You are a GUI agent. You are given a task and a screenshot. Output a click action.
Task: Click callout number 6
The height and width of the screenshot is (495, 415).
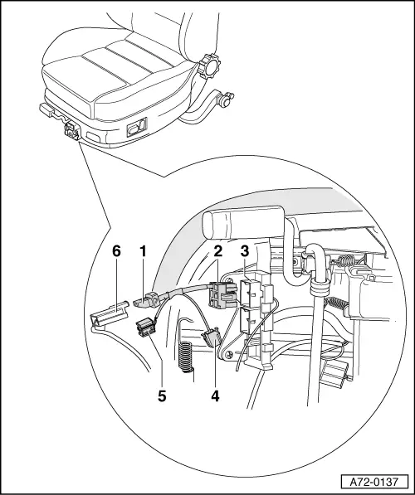(117, 251)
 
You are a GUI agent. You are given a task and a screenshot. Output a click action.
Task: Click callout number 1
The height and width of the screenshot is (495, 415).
(144, 251)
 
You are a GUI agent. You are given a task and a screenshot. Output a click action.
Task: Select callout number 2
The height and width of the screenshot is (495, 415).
(217, 251)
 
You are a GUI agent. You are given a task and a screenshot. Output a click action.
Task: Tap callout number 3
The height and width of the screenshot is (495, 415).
(245, 251)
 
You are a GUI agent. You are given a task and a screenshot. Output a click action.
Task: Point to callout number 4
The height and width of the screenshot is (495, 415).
(215, 396)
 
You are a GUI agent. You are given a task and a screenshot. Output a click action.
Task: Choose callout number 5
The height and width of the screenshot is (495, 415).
(162, 396)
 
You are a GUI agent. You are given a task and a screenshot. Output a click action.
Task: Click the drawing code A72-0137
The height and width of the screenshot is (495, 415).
(374, 482)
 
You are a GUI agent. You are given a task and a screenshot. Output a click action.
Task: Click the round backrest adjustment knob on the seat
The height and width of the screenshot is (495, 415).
(208, 66)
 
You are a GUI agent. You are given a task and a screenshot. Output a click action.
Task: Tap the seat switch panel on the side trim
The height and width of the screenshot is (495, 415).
(137, 127)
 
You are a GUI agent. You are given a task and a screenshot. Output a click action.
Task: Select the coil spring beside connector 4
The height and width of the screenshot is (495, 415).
(186, 356)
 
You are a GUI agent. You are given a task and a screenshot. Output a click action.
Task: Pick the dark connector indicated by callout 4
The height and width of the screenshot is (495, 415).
(210, 337)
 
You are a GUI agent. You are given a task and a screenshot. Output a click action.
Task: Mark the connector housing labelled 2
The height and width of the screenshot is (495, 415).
(222, 295)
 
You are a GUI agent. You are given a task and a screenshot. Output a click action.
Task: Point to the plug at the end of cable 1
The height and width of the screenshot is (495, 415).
(146, 300)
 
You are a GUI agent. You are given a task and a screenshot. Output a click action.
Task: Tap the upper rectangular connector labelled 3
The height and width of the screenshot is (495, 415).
(251, 293)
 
